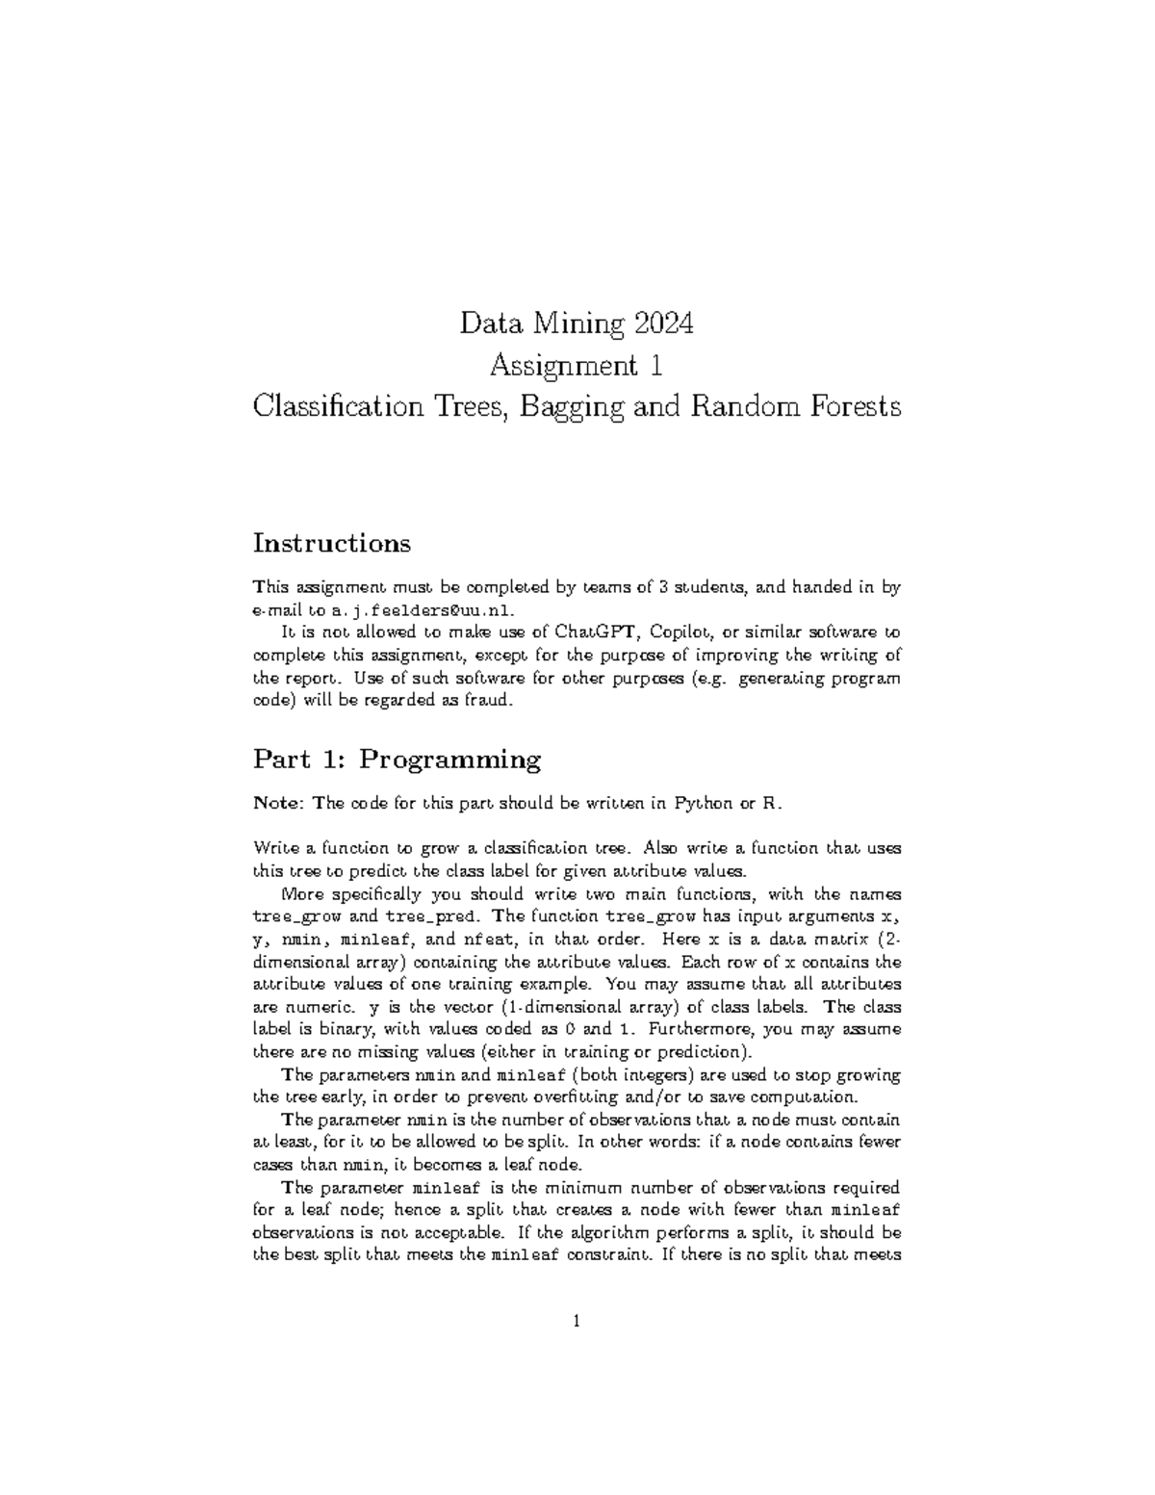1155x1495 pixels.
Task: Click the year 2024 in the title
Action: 663,323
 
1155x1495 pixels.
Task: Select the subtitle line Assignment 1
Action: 577,366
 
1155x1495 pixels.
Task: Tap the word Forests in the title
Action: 855,407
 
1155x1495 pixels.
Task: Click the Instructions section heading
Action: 331,543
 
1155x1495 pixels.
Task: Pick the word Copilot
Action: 683,632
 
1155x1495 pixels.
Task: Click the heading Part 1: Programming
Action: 397,760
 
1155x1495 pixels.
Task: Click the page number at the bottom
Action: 577,1322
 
